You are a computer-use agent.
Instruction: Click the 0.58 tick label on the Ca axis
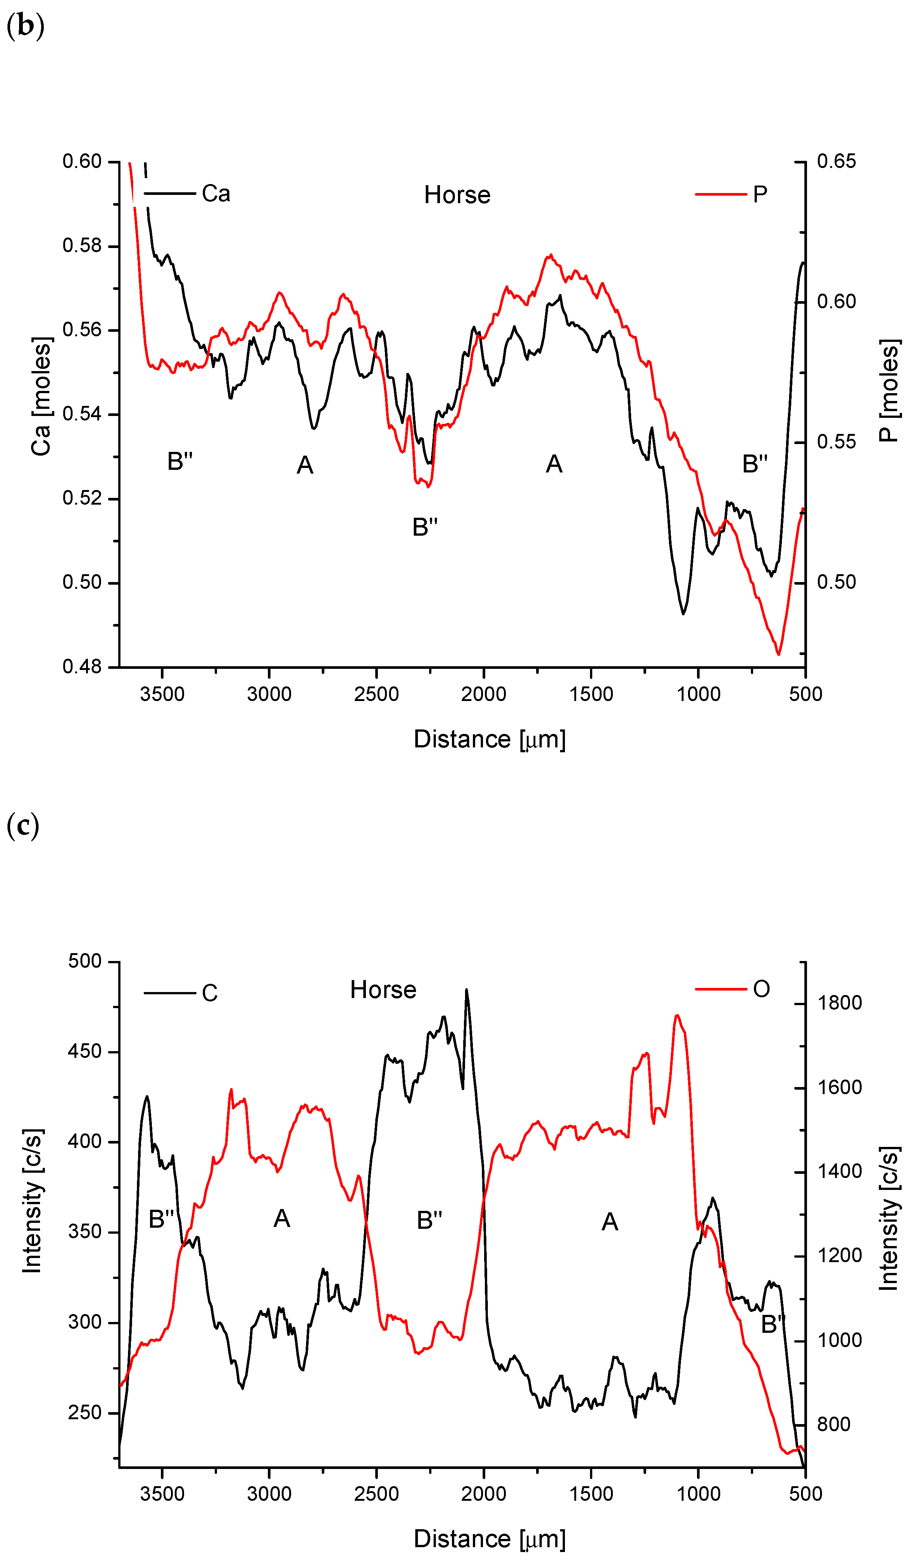coord(82,246)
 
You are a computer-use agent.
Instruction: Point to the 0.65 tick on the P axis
coord(836,162)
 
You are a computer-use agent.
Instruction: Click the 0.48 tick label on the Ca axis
coord(82,667)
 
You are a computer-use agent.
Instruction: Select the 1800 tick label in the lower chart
coord(839,1003)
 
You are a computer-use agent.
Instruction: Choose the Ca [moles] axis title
coord(41,397)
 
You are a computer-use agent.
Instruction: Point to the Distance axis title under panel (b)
coord(489,740)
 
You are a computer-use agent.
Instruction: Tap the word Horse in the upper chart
coord(457,195)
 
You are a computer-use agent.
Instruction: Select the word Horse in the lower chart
coord(383,990)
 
